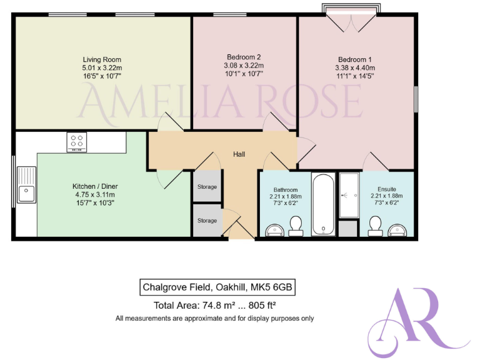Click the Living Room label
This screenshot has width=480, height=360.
(x=101, y=57)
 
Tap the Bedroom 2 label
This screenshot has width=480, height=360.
(x=243, y=57)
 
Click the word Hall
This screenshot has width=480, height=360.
(x=239, y=154)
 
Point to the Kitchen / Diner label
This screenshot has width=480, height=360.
(x=95, y=186)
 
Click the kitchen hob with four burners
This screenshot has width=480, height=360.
(x=77, y=142)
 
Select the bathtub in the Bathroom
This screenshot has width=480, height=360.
(x=323, y=204)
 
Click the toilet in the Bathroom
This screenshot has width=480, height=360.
(x=296, y=225)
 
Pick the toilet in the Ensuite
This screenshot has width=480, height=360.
(x=376, y=225)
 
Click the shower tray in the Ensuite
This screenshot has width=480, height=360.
(x=348, y=195)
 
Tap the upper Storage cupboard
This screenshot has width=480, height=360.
(x=207, y=187)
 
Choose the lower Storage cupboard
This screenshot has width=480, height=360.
(x=207, y=221)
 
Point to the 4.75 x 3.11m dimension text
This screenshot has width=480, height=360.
(x=95, y=194)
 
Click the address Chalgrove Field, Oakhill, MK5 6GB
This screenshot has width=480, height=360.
(x=216, y=287)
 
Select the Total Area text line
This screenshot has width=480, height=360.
(x=215, y=306)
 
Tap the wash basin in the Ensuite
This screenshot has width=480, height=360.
(x=401, y=231)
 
